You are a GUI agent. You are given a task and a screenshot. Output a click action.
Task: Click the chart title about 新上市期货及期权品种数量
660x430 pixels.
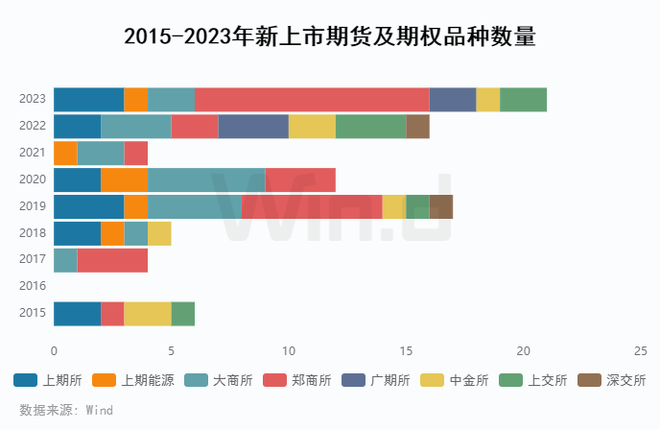click(x=329, y=37)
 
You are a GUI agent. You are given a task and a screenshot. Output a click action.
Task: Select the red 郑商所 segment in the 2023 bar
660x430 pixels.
click(x=312, y=99)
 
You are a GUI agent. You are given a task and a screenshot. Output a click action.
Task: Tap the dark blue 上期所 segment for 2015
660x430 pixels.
click(x=77, y=314)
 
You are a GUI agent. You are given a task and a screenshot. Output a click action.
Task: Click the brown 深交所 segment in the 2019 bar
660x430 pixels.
click(x=440, y=206)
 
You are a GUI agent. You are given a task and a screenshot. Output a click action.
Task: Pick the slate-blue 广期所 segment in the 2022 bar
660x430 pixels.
click(x=253, y=126)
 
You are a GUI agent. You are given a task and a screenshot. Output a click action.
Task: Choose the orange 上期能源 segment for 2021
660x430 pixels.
click(x=65, y=153)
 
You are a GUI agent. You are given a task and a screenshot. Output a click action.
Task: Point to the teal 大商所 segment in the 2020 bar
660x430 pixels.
click(x=206, y=179)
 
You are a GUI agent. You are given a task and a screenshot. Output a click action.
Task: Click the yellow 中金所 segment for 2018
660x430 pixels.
click(x=159, y=233)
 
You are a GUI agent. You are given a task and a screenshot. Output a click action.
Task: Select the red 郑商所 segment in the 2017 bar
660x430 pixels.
click(x=112, y=260)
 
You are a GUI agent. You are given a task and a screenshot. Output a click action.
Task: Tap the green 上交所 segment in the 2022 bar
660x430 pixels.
click(x=370, y=126)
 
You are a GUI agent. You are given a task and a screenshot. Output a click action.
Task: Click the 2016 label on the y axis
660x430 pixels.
click(x=33, y=286)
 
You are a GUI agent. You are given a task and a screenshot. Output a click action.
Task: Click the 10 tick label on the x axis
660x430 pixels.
click(x=289, y=350)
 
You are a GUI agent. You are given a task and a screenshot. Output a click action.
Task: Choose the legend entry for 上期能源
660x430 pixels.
click(x=134, y=380)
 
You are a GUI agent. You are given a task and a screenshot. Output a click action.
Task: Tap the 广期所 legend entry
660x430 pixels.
click(x=377, y=380)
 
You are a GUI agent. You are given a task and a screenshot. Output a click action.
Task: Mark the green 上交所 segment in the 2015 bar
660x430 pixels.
click(x=182, y=314)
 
